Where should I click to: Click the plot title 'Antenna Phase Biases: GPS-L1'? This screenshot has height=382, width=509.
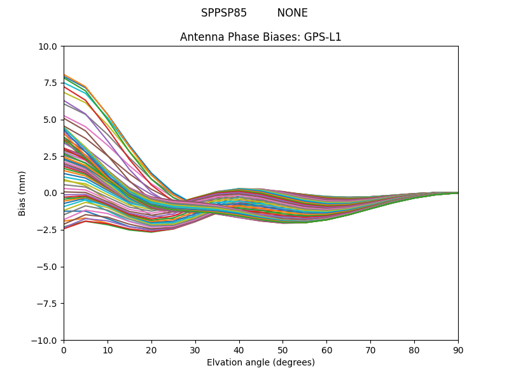261,37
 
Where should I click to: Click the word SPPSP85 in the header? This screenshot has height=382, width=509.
224,13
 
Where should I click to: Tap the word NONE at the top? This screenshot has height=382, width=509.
292,13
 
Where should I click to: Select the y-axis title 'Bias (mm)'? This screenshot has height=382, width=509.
22,193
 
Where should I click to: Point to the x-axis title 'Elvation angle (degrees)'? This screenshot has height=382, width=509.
261,363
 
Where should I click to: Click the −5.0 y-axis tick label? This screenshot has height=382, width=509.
47,267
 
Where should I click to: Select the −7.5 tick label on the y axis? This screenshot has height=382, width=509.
47,304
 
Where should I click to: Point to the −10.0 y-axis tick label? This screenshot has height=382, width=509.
45,341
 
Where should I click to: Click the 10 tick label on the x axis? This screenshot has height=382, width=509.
108,350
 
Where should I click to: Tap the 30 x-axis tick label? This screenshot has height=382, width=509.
195,350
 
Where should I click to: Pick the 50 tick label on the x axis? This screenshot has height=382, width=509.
282,350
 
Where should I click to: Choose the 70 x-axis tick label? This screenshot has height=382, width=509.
370,350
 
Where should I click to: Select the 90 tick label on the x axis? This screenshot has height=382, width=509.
458,350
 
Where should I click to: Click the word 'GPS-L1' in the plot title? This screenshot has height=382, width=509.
323,37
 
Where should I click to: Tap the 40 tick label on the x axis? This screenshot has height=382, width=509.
239,350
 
